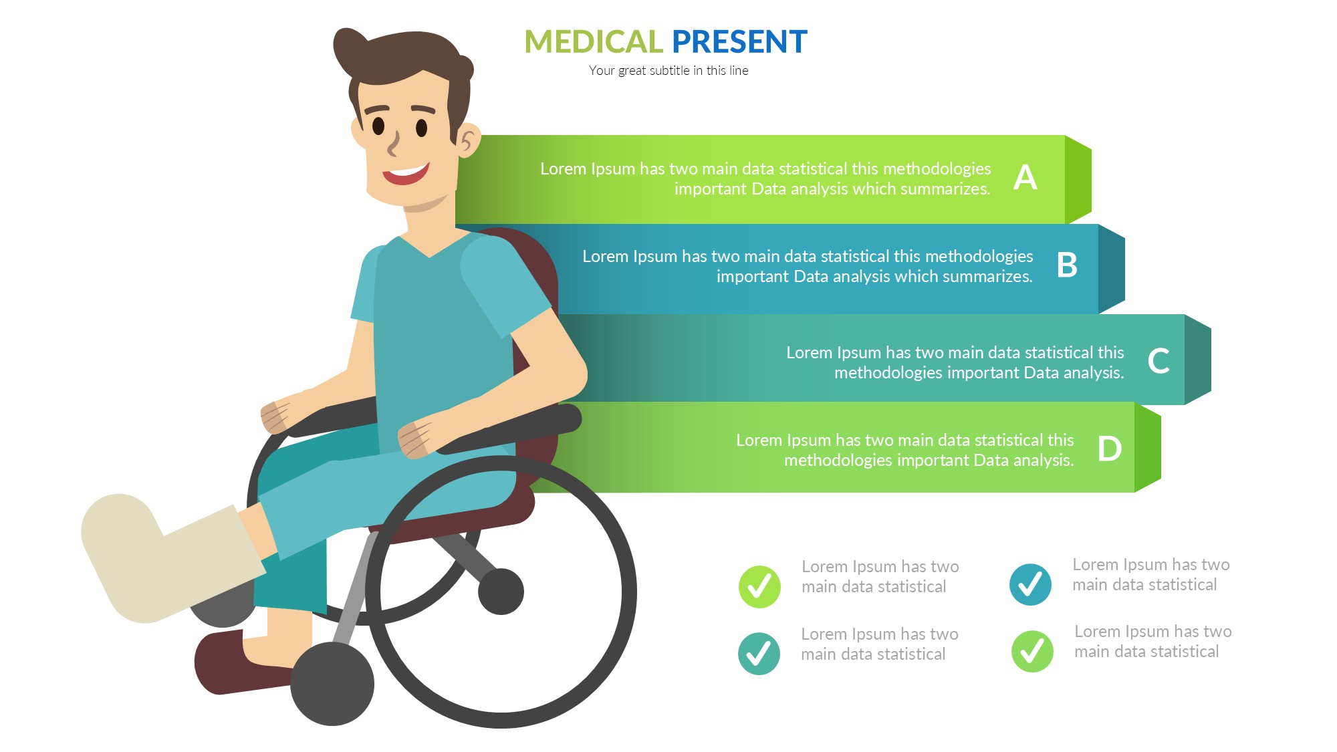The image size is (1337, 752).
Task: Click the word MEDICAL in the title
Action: coord(593,41)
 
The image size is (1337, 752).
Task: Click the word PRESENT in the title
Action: coord(739,41)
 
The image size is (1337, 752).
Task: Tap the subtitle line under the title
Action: coord(668,70)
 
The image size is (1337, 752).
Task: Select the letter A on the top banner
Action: coord(1025,177)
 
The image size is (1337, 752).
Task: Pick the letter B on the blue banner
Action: coord(1067,265)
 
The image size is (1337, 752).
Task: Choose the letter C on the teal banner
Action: coord(1159,361)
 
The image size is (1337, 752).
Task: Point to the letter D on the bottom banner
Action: coord(1110,449)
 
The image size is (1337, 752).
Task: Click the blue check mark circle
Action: coord(1030,585)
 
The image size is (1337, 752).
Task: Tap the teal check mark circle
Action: coord(759,654)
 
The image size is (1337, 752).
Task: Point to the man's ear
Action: coord(469,140)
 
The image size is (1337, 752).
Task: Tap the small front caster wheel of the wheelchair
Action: coord(332,684)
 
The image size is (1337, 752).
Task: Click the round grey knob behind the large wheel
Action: coord(501,592)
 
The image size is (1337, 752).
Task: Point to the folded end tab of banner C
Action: coord(1198,360)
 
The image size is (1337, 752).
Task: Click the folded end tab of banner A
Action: coord(1078,179)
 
